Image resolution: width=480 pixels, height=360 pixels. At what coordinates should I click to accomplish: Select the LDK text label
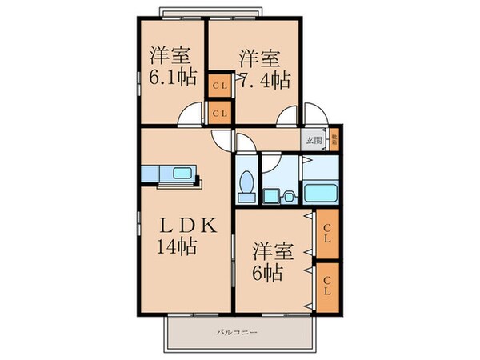(x=179, y=226)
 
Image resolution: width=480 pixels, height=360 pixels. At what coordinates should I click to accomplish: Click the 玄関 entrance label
(x=313, y=139)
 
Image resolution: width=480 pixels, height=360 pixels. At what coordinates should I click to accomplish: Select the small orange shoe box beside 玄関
(x=334, y=138)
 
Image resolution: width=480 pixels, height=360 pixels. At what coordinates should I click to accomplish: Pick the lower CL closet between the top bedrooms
(x=218, y=113)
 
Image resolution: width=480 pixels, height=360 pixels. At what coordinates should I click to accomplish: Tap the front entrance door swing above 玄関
(x=317, y=117)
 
